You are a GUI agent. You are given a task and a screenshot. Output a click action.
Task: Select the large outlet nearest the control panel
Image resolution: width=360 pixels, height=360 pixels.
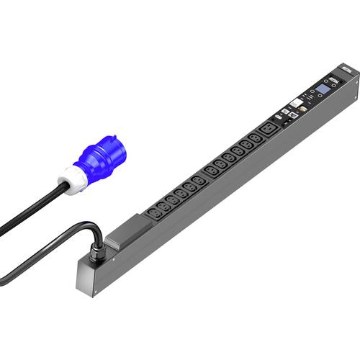(267, 130)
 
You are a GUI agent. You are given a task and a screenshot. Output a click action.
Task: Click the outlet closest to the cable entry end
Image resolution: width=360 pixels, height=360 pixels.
(153, 214)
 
